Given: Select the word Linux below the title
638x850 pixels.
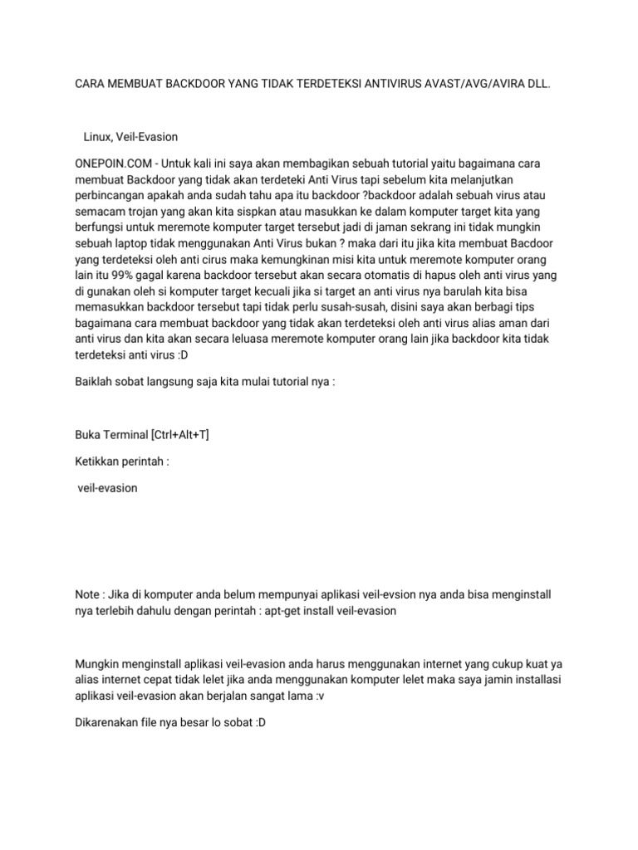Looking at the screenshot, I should [x=99, y=136].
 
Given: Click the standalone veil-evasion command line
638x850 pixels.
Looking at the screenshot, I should [x=107, y=488].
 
